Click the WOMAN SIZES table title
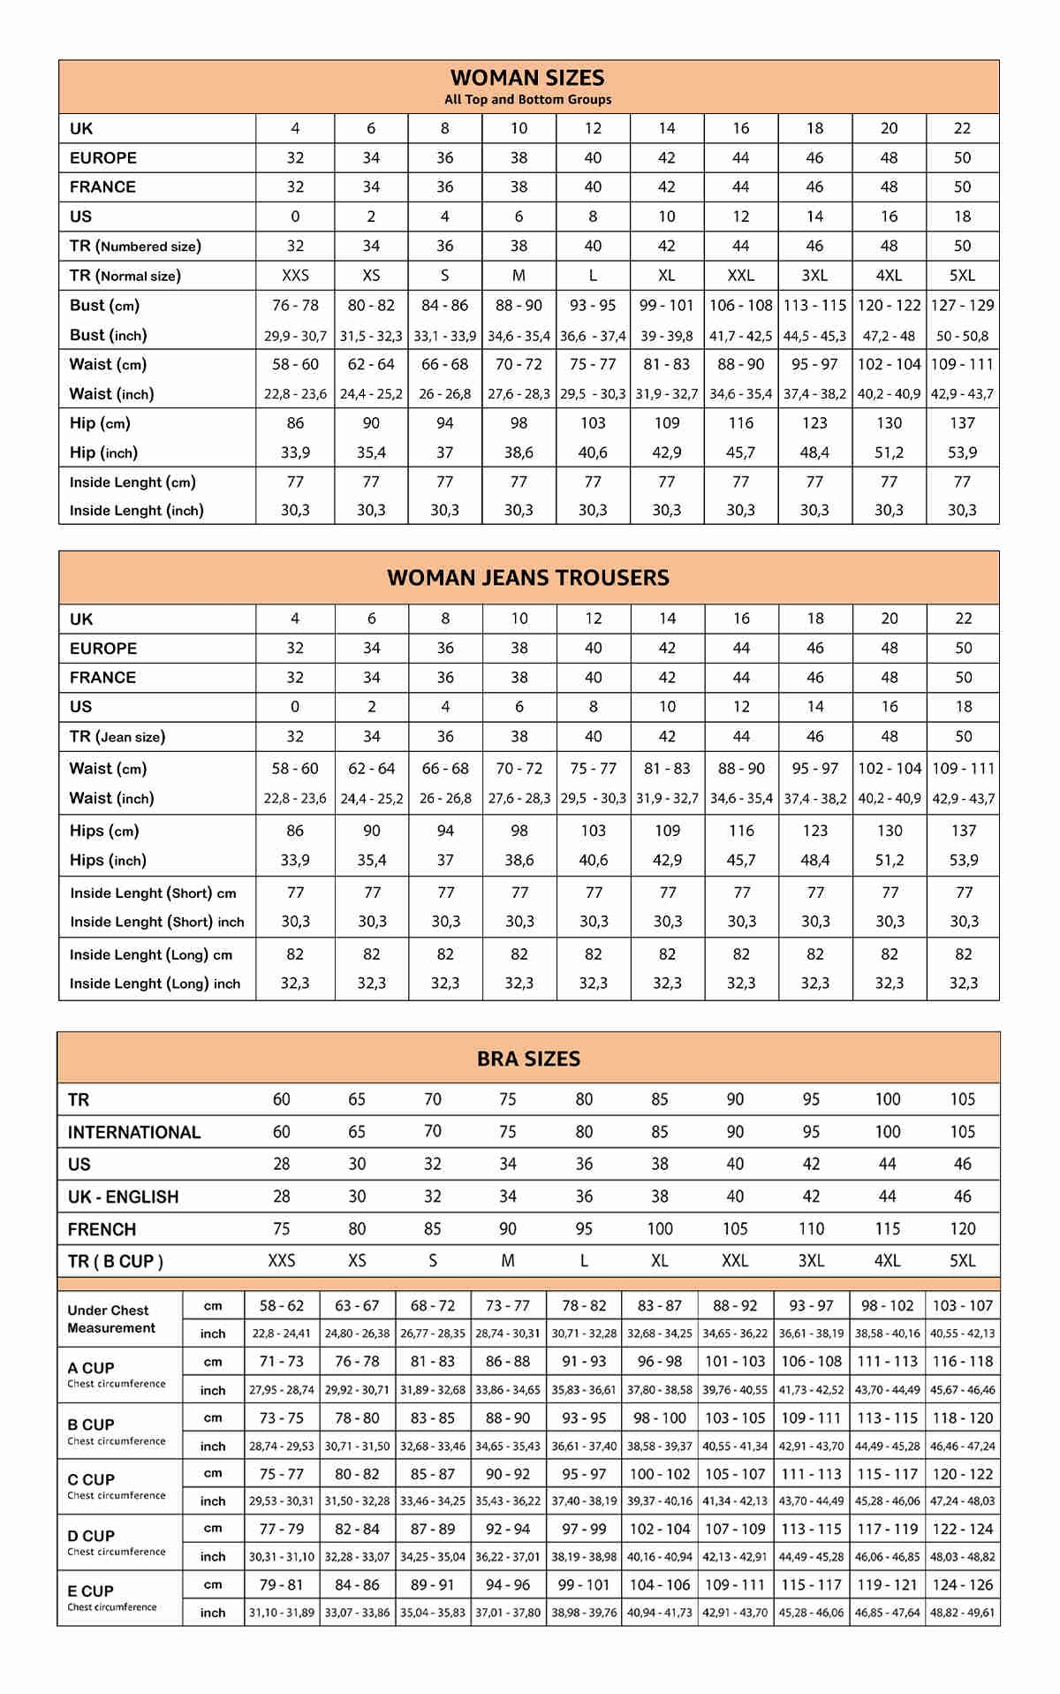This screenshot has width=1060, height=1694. [527, 78]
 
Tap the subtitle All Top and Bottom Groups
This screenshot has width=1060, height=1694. [527, 100]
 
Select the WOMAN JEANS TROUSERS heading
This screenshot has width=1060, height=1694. [528, 578]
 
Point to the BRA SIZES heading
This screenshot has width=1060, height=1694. [528, 1059]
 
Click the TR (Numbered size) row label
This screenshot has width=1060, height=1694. [135, 247]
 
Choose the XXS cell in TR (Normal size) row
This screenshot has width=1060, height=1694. [295, 276]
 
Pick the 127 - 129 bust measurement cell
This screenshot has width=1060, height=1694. [962, 306]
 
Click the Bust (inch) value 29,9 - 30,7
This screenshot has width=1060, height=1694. [295, 336]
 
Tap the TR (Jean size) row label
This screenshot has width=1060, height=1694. [117, 737]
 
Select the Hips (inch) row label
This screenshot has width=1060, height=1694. [108, 861]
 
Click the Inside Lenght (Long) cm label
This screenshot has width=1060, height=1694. [151, 955]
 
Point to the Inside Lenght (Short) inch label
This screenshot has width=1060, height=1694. [157, 922]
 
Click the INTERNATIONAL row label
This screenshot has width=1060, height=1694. [134, 1133]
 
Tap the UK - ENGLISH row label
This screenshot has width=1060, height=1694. [124, 1197]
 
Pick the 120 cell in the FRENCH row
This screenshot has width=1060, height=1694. [962, 1229]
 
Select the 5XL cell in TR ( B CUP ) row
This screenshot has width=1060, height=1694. [962, 1261]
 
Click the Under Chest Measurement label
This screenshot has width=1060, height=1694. [110, 1319]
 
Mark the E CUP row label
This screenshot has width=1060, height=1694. [91, 1591]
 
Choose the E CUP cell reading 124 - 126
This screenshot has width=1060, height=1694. [962, 1585]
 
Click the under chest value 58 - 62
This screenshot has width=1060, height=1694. [281, 1306]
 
